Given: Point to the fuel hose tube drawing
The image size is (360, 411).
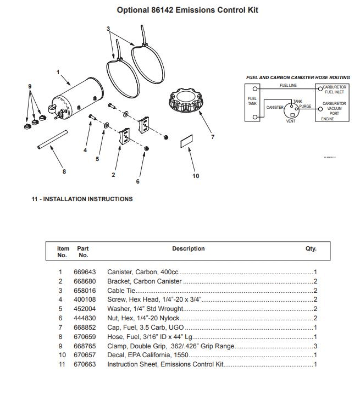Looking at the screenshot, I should [x=52, y=140].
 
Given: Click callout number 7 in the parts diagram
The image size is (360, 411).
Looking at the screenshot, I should [x=213, y=137].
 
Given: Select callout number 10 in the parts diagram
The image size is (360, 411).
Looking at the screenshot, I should [x=196, y=176].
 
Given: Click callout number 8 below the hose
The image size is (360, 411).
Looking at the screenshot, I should [x=64, y=171].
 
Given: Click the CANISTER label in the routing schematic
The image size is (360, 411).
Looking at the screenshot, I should [x=275, y=107].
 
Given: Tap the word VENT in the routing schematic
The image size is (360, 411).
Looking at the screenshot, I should [x=291, y=121].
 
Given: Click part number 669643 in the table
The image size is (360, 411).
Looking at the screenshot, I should [x=85, y=272].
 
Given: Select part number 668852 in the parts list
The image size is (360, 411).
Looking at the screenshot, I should [x=85, y=327].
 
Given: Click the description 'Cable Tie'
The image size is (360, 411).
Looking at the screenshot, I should [x=121, y=291].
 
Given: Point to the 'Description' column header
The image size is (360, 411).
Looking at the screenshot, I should [x=188, y=249].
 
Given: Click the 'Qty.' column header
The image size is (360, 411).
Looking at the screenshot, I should [x=311, y=249].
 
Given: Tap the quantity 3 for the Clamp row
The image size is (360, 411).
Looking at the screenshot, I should [x=315, y=346].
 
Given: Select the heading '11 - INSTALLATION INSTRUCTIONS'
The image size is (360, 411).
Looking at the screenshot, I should [x=82, y=199].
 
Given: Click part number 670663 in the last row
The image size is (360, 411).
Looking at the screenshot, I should [x=85, y=365].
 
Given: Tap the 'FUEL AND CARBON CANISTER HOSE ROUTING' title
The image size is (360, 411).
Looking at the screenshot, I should [x=297, y=77].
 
